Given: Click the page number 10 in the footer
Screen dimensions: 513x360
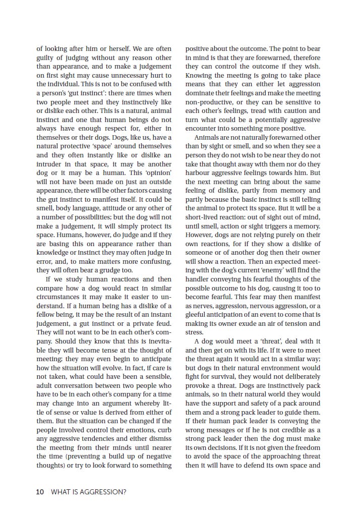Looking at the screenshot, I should point(40,491).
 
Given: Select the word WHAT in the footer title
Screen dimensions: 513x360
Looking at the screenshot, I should point(61,491).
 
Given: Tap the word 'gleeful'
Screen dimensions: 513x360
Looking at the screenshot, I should point(197,314).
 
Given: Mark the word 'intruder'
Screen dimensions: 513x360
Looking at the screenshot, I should point(49,164).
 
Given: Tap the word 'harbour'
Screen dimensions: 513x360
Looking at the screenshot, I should point(198,173).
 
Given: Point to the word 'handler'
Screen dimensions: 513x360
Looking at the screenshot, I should point(199,279).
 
